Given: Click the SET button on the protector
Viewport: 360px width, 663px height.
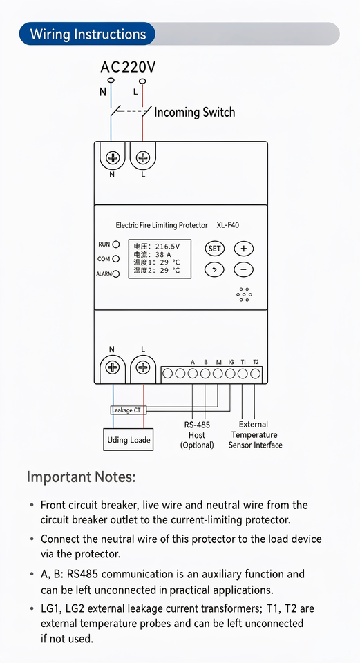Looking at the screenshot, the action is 214,249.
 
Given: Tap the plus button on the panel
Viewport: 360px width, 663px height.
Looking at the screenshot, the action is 244,249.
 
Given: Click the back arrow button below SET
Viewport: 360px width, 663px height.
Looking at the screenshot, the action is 214,269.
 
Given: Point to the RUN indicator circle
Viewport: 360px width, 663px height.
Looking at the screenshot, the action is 116,244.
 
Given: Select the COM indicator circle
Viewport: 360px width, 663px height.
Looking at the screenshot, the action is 116,259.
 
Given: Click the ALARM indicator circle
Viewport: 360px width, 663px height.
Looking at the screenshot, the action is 116,273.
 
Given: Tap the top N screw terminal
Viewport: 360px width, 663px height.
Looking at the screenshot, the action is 113,158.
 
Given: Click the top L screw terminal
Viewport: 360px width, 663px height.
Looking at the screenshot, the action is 143,158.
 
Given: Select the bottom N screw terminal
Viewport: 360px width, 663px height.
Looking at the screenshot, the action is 113,367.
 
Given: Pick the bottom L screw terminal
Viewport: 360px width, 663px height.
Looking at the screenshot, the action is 143,367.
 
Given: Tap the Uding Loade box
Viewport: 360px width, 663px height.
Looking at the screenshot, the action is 129,440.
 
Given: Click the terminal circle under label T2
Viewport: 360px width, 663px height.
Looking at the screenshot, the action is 255,374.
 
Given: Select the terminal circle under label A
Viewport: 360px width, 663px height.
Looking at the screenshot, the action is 193,374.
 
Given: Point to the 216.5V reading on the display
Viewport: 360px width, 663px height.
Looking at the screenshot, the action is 167,247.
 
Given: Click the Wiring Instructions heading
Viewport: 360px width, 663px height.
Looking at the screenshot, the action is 88,34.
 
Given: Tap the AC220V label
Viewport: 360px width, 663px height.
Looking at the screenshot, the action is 129,67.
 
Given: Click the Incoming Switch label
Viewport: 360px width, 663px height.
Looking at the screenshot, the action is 194,112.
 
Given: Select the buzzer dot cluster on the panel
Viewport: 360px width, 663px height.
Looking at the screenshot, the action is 244,295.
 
